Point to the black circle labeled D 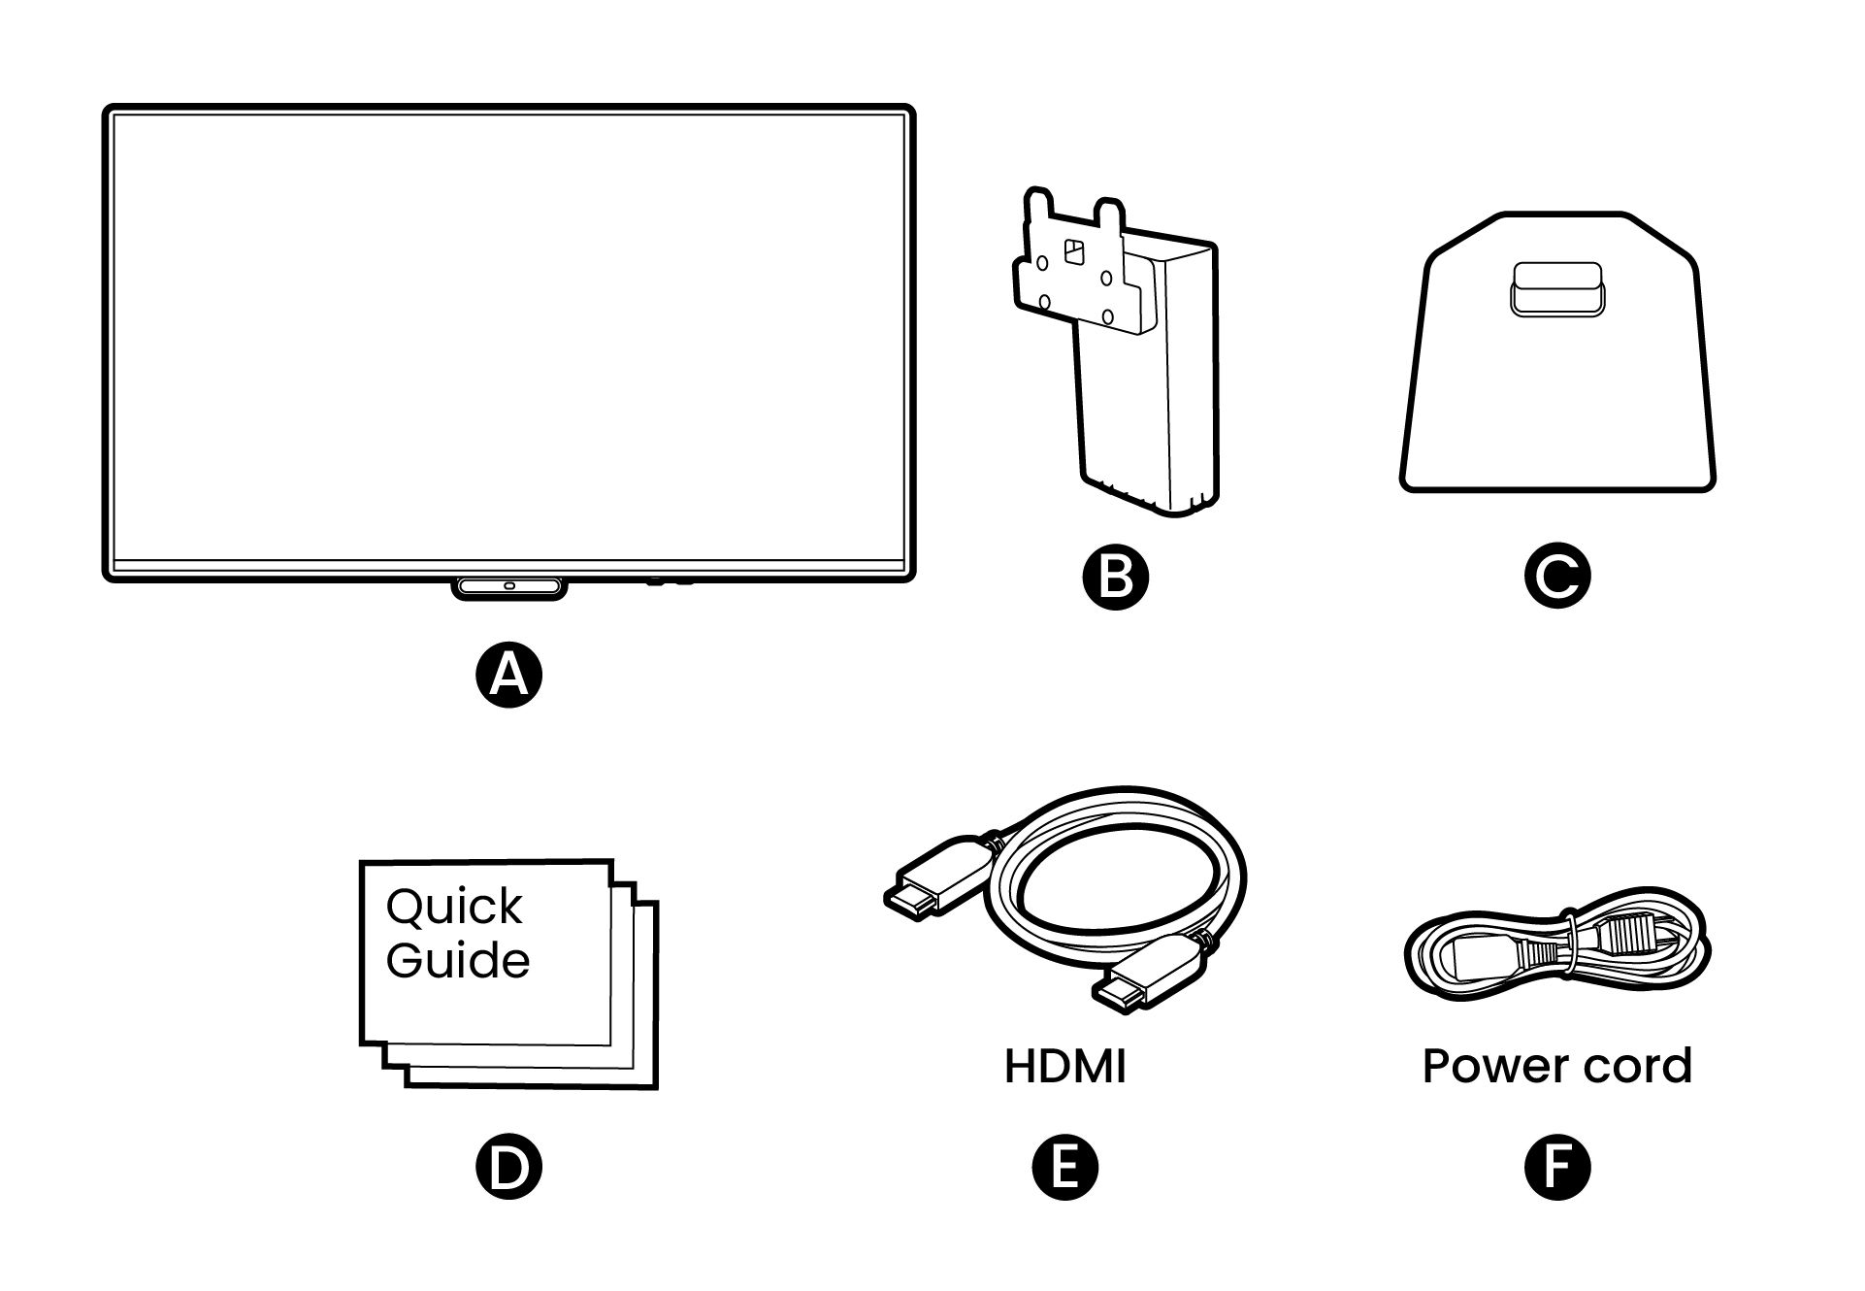[508, 1166]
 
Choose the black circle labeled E [1064, 1166]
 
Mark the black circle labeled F [1556, 1166]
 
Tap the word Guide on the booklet [457, 961]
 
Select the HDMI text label [1064, 1067]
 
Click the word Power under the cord [1488, 1067]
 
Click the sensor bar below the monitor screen [508, 587]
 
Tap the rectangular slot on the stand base [1556, 290]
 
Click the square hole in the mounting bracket [1074, 252]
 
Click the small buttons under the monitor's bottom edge [669, 582]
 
